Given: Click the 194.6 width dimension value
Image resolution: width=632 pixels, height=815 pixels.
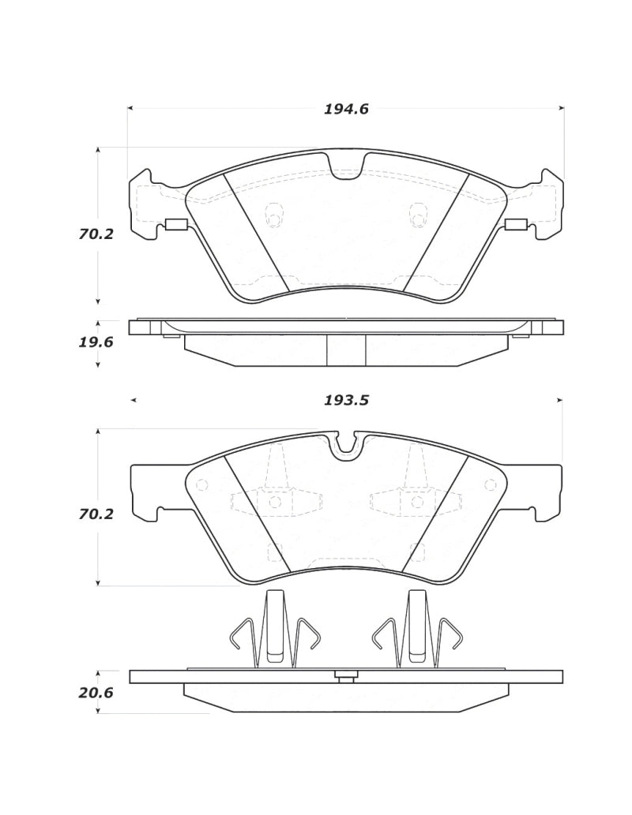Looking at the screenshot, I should pos(346,110).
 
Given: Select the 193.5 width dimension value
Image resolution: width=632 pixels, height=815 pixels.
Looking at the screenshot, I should pos(346,400).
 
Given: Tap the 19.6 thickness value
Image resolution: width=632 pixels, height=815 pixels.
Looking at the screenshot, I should pos(96,342).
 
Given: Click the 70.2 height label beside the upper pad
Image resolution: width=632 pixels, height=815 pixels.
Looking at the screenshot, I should pos(96,234).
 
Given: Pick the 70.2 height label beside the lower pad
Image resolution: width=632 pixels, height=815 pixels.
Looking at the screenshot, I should pos(96,514).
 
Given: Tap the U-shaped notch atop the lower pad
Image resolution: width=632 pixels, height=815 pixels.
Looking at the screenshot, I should pos(345,445).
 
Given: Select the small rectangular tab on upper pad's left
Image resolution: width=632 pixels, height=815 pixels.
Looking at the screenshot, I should pos(175,225).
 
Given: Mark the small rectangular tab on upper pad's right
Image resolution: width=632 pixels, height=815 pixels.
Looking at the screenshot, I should pos(516,225).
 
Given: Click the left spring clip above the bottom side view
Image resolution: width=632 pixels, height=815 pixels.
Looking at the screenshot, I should pos(274,630).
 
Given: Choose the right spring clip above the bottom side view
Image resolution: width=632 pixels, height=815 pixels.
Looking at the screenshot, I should pos(416,630).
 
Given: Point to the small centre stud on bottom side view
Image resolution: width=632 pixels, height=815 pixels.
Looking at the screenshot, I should pos(345,675).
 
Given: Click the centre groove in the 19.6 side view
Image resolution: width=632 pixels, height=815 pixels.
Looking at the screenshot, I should pos(346,350).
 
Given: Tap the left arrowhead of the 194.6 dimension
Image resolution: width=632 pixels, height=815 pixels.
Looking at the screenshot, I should pos(130,108).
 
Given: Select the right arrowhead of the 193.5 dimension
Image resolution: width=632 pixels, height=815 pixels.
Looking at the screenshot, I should pos(559,401).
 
